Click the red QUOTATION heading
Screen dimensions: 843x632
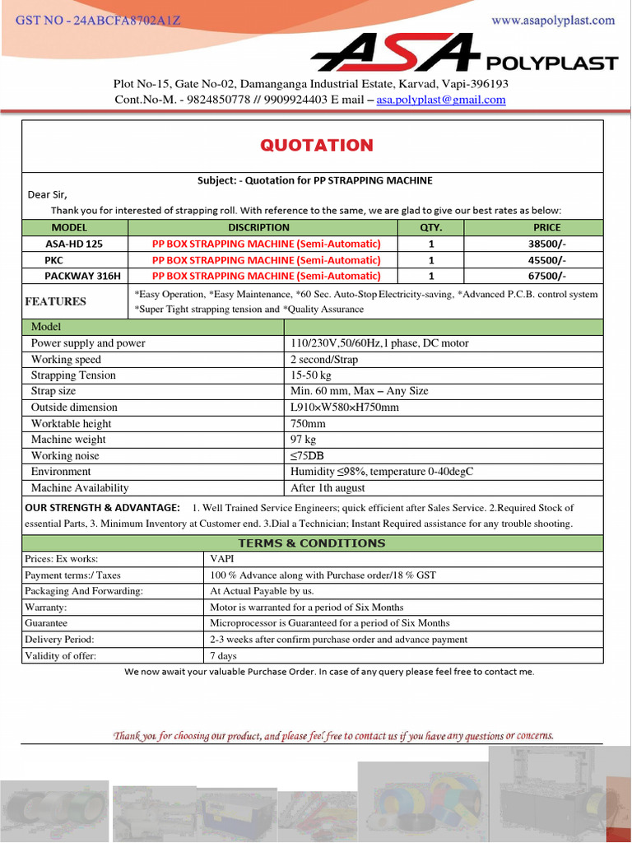coord(317,146)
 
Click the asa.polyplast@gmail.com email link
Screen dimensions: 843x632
coord(441,100)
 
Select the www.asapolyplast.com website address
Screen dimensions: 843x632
coord(553,21)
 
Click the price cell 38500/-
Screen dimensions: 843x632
coord(547,244)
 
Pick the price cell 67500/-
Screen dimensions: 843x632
coord(547,276)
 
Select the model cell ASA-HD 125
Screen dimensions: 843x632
coord(74,244)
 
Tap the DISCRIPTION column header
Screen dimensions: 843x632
coord(258,227)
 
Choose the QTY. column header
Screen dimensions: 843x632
coord(431,227)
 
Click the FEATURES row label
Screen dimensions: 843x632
coord(56,301)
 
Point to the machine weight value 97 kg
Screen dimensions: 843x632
coord(304,440)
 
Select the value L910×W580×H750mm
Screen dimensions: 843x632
coord(345,408)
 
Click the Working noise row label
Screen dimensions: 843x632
coord(65,456)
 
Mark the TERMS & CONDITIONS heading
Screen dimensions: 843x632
coord(311,543)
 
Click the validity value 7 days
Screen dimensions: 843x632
coord(223,656)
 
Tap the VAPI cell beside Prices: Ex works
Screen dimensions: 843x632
coord(222,559)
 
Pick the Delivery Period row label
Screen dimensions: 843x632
coord(59,640)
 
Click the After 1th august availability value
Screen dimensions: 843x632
coord(328,488)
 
